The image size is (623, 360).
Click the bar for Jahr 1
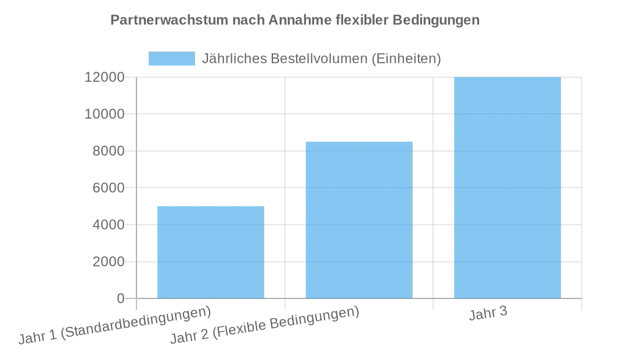[211, 253]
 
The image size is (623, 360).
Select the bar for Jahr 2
[359, 220]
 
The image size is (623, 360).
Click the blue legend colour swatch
[172, 59]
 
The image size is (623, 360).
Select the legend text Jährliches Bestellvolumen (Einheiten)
[321, 59]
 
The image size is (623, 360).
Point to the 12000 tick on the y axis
[105, 77]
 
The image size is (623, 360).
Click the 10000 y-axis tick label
[105, 114]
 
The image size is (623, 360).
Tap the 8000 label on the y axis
[109, 151]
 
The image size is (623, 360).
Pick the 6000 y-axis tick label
[109, 188]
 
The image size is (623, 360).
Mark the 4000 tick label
[109, 225]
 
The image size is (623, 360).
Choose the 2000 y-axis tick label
[109, 262]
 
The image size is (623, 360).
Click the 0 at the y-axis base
[121, 298]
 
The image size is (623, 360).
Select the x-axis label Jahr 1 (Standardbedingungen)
[114, 325]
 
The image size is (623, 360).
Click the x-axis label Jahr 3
[488, 314]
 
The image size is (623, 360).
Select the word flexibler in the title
[361, 20]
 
